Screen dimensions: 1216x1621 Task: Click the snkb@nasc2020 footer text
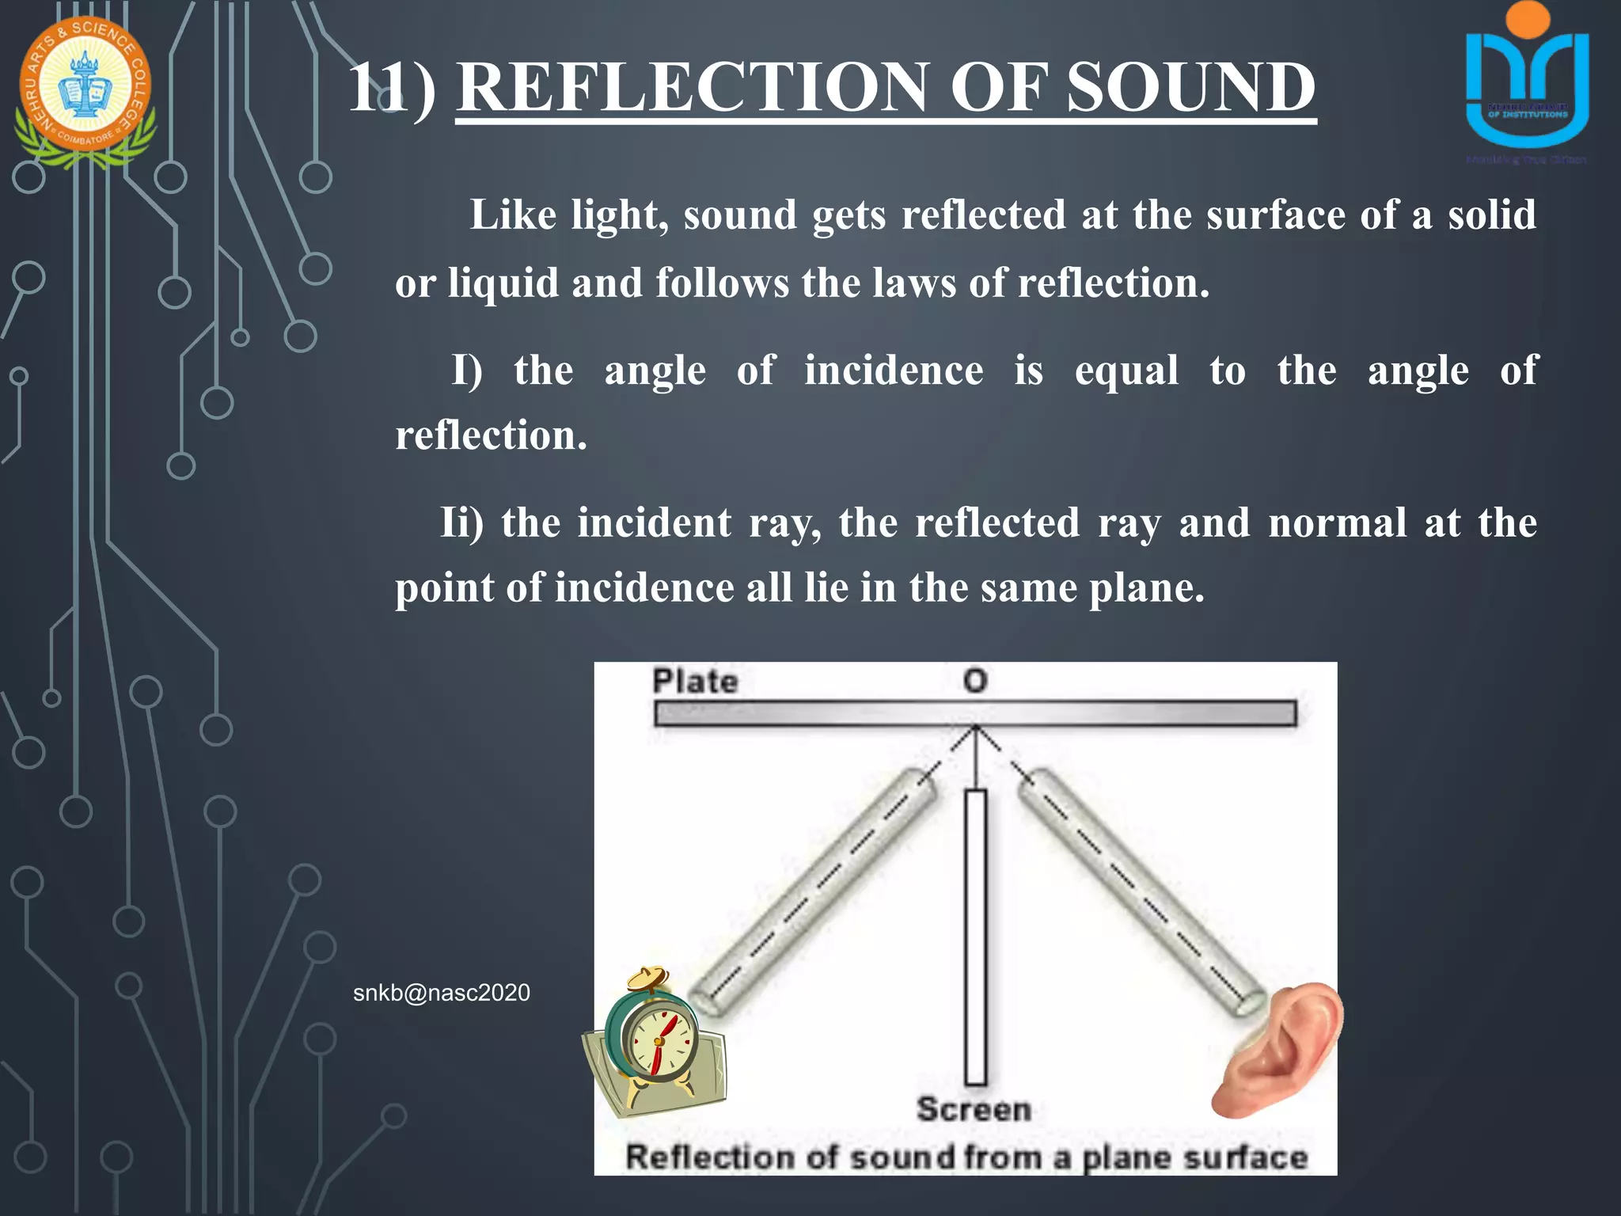(x=441, y=993)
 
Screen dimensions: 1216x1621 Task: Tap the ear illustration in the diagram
(x=1278, y=1049)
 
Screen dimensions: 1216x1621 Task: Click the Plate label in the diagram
(x=695, y=681)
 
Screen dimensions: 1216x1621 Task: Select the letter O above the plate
(x=975, y=681)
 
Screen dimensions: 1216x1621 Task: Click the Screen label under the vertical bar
(x=974, y=1109)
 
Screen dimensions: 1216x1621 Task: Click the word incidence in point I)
(x=894, y=370)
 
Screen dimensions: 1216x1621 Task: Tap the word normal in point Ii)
(x=1338, y=523)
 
